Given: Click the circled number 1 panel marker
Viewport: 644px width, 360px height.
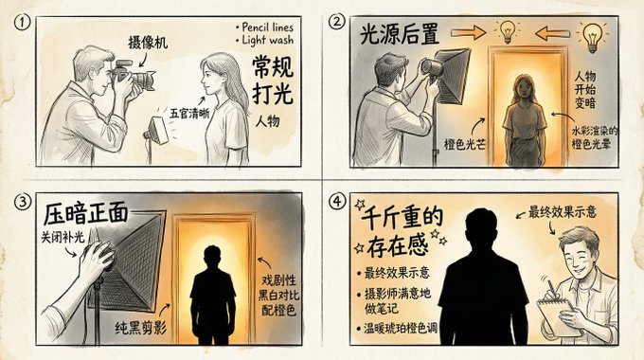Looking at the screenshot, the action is point(22,22).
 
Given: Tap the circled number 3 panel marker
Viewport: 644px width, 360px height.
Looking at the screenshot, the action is point(22,202).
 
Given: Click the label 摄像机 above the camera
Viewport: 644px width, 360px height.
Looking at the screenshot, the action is point(148,43).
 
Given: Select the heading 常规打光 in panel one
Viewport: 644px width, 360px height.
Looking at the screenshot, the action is point(273,81).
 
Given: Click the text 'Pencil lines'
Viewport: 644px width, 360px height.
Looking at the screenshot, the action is point(265,27).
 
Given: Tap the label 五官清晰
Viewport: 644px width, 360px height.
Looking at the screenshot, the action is point(189,114).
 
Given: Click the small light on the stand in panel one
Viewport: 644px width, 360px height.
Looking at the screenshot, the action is point(159,131).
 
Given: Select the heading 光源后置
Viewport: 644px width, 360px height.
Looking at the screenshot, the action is point(400,34).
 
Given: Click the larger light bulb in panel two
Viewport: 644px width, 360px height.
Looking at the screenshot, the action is point(592,37).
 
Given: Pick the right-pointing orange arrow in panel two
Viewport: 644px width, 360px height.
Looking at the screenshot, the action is point(468,32).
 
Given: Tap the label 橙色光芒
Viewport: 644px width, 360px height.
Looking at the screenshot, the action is point(464,144).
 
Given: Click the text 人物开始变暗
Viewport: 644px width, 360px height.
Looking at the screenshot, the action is point(585,90).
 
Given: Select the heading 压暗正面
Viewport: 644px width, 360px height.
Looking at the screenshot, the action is point(85,214).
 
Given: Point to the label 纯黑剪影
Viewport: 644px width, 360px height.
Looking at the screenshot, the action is point(141,328).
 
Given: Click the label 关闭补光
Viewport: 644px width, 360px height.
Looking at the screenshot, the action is point(62,237).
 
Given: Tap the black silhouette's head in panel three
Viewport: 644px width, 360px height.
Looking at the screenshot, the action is point(212,258).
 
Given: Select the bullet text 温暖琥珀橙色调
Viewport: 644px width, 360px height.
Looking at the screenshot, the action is point(401,329).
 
